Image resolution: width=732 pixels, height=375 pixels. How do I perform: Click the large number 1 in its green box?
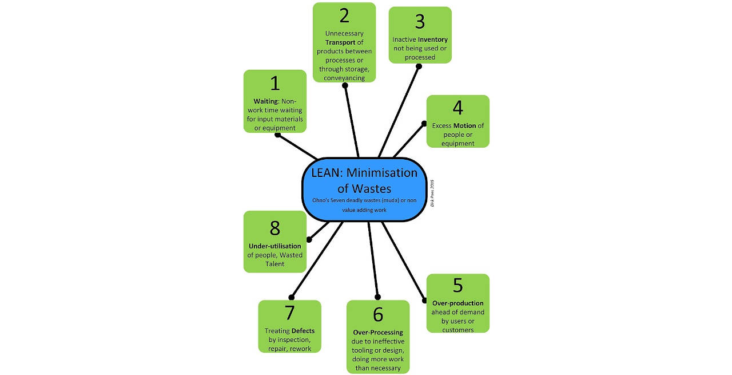pyautogui.click(x=275, y=84)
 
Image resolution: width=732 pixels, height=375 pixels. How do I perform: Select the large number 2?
pyautogui.click(x=344, y=15)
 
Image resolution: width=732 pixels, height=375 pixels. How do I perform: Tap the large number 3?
pyautogui.click(x=420, y=22)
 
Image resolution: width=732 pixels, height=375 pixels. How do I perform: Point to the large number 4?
pyautogui.click(x=457, y=108)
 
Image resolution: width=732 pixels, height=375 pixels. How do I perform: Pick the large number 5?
pyautogui.click(x=457, y=286)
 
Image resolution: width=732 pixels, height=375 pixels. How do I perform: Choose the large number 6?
pyautogui.click(x=377, y=314)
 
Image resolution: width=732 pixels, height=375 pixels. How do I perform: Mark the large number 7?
pyautogui.click(x=289, y=313)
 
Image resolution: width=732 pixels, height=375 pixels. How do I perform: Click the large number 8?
pyautogui.click(x=274, y=228)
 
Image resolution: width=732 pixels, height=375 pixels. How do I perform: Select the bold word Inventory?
pyautogui.click(x=433, y=40)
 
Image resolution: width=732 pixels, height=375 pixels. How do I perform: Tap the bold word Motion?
pyautogui.click(x=465, y=125)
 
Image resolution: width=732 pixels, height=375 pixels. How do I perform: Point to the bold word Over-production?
pyautogui.click(x=457, y=303)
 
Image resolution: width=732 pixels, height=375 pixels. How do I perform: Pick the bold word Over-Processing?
pyautogui.click(x=377, y=332)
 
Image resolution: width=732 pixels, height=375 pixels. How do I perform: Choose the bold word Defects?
pyautogui.click(x=303, y=330)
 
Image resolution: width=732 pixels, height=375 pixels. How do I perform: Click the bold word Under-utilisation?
pyautogui.click(x=274, y=246)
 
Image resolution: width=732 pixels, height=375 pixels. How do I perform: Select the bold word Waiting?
pyautogui.click(x=265, y=101)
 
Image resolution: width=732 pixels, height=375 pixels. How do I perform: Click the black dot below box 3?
pyautogui.click(x=419, y=66)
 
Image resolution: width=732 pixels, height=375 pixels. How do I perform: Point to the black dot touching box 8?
pyautogui.click(x=309, y=239)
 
